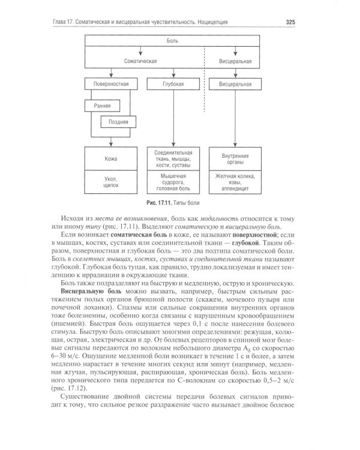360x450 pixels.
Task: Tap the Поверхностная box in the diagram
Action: pyautogui.click(x=112, y=85)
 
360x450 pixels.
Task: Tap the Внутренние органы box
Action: pyautogui.click(x=236, y=159)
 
